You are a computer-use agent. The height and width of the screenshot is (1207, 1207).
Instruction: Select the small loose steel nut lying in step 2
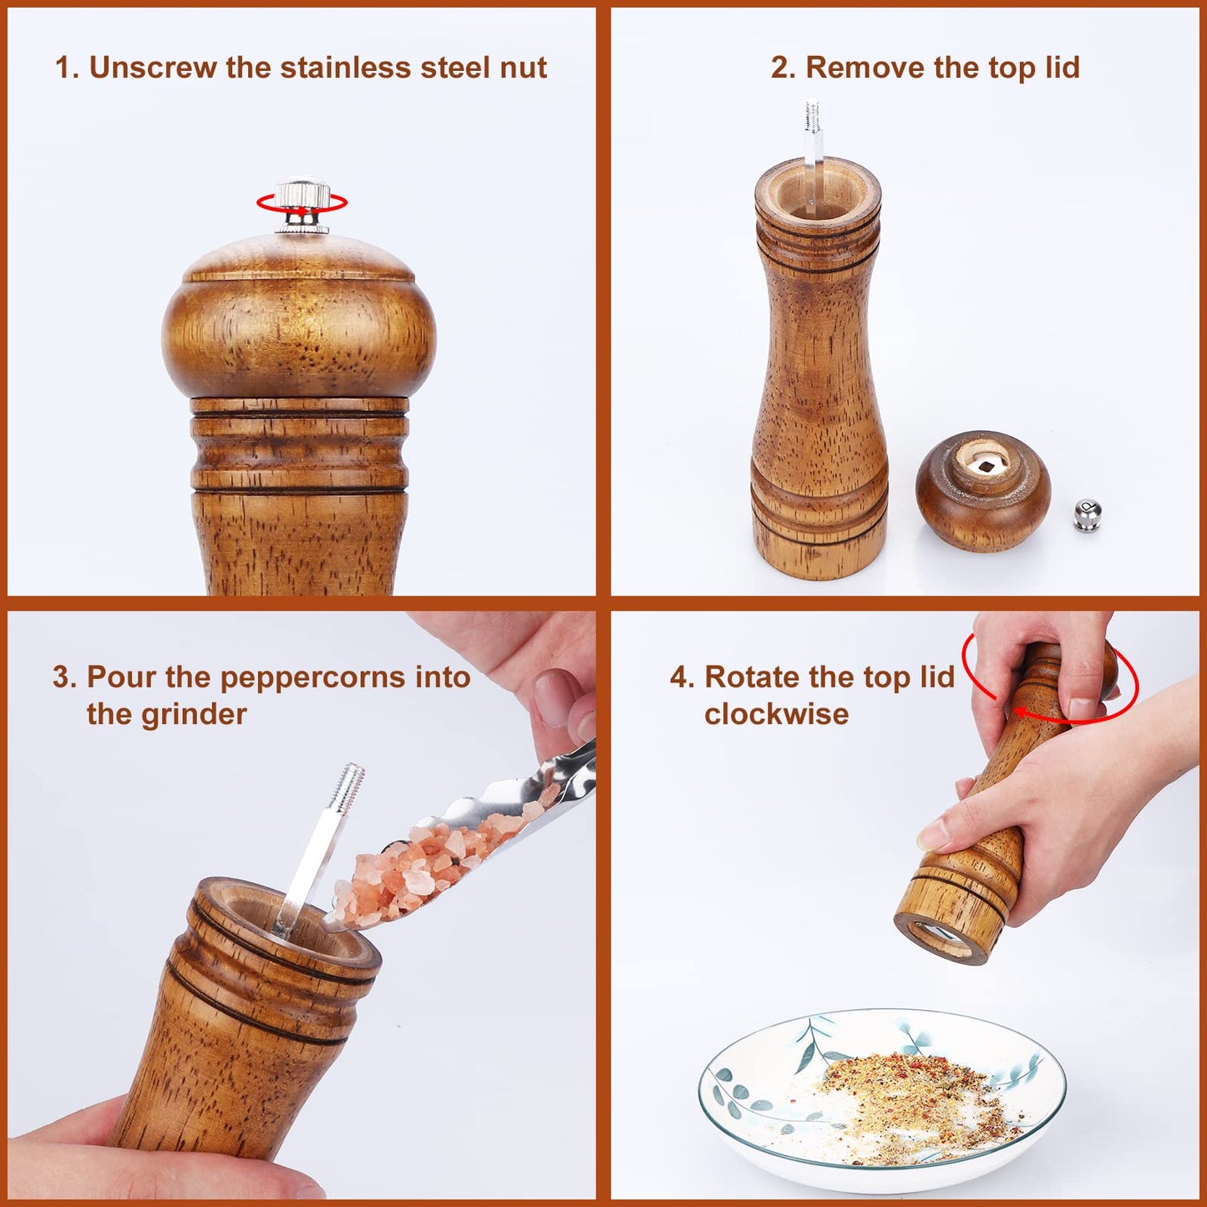[1087, 515]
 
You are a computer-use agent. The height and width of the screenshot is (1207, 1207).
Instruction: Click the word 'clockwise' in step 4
[776, 715]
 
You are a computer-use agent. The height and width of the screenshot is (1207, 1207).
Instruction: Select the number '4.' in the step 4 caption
[682, 677]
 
